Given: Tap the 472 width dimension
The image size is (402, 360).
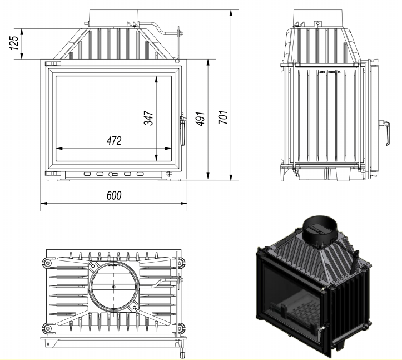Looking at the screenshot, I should (114, 141).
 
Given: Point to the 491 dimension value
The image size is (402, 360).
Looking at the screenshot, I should (201, 119).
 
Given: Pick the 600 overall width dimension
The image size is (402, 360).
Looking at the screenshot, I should (113, 196).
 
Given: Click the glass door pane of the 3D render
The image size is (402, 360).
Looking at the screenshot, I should (287, 295).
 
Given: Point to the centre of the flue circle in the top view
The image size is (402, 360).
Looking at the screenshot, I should (113, 287).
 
